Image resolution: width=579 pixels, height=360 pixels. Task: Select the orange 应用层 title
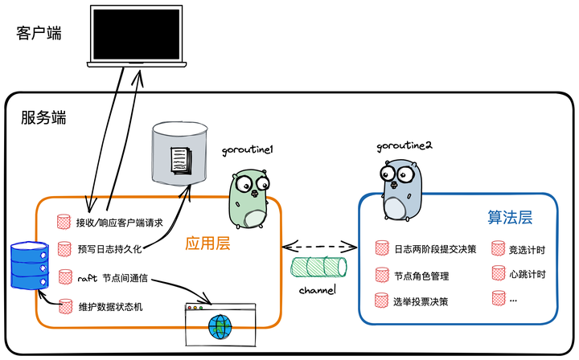pyautogui.click(x=208, y=243)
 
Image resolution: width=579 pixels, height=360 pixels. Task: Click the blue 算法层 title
pyautogui.click(x=511, y=218)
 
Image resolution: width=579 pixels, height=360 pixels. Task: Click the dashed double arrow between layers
pyautogui.click(x=319, y=243)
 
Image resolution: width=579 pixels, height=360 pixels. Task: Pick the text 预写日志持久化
pyautogui.click(x=109, y=249)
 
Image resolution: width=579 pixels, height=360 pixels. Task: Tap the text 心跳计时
pyautogui.click(x=528, y=274)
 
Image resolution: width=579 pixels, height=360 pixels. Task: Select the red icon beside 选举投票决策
pyautogui.click(x=381, y=301)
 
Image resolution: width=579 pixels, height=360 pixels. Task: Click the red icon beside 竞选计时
pyautogui.click(x=499, y=249)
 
